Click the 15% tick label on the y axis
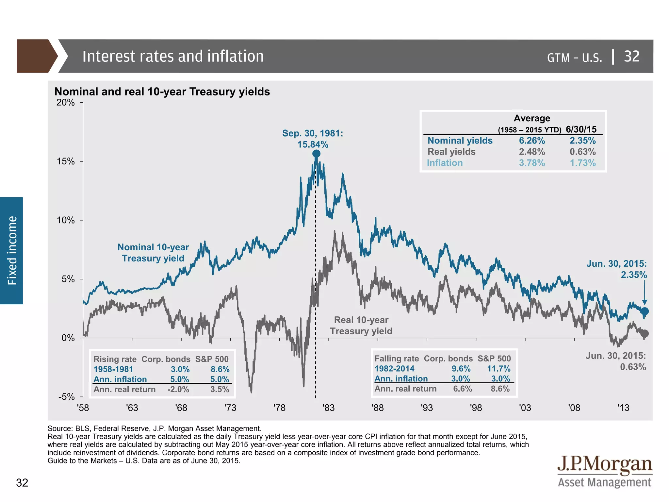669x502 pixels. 66,161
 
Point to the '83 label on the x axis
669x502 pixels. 328,408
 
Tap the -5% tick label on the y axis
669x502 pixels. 66,397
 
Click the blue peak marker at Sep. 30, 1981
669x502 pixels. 316,154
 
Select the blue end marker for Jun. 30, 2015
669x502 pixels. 645,311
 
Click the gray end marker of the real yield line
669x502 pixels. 645,334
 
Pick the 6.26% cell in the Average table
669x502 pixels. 532,141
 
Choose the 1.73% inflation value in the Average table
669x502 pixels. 583,163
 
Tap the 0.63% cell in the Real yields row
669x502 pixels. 583,152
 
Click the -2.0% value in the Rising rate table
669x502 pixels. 178,390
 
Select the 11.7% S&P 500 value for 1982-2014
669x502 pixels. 498,369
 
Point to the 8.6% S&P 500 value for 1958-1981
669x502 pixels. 220,369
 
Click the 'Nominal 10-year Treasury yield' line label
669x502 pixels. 153,253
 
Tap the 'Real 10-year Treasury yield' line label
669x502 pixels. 361,326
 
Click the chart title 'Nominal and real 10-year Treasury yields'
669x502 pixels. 162,92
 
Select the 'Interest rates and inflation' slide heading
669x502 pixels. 173,56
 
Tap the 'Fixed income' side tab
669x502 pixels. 12,250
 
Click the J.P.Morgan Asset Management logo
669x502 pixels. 604,472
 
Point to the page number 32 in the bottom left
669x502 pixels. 22,483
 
